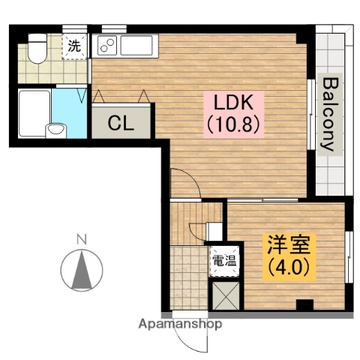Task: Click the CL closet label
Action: pos(121,123)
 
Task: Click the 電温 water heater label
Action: pos(224,262)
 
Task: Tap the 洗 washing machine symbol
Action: pos(73,46)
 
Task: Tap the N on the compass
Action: pos(81,240)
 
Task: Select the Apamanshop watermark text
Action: pos(181,325)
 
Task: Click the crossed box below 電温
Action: pos(225,294)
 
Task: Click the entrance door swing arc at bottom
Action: pos(196,339)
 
